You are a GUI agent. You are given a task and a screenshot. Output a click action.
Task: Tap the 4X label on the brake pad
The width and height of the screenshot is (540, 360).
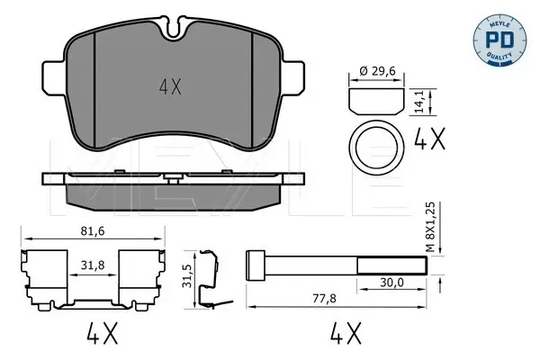[170, 86]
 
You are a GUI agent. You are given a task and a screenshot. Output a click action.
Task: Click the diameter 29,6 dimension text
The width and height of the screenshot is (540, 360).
[377, 71]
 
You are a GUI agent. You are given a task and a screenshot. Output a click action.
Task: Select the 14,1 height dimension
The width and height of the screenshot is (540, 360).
[419, 102]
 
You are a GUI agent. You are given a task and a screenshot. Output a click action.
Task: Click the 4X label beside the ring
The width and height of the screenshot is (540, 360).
[429, 138]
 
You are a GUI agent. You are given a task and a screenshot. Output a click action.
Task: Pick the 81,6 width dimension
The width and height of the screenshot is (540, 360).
[93, 231]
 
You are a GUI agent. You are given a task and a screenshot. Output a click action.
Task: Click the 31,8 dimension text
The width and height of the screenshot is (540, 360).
[93, 265]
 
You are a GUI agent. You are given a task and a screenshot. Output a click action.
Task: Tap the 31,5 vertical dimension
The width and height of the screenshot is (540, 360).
[187, 275]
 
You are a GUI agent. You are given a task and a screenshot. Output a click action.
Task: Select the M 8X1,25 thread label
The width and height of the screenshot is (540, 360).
[430, 227]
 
